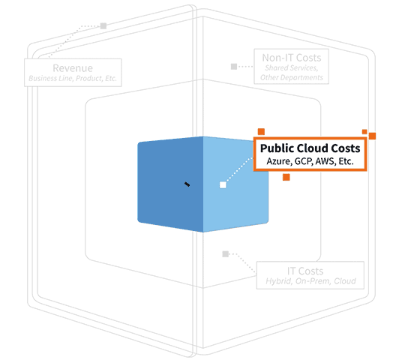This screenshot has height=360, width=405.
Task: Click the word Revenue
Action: point(73,68)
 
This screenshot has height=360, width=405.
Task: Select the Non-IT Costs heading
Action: point(292,58)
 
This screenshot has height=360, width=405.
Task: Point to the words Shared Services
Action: point(291,68)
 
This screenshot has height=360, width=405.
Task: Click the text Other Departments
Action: point(292,77)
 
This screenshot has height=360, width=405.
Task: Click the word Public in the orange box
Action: point(277,148)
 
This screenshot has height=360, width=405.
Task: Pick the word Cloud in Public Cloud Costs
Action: point(312,148)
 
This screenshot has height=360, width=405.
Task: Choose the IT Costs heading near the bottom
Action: point(305,271)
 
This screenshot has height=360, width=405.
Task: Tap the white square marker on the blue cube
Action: point(223,185)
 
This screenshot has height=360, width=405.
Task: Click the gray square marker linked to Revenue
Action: point(103,26)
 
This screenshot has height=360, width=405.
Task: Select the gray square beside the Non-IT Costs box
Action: point(234,67)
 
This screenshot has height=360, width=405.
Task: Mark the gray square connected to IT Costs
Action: point(226,254)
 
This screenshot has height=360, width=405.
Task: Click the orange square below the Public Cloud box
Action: point(286,177)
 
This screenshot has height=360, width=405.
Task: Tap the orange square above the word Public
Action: point(261,132)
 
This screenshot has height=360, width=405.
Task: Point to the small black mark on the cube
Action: point(187,184)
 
